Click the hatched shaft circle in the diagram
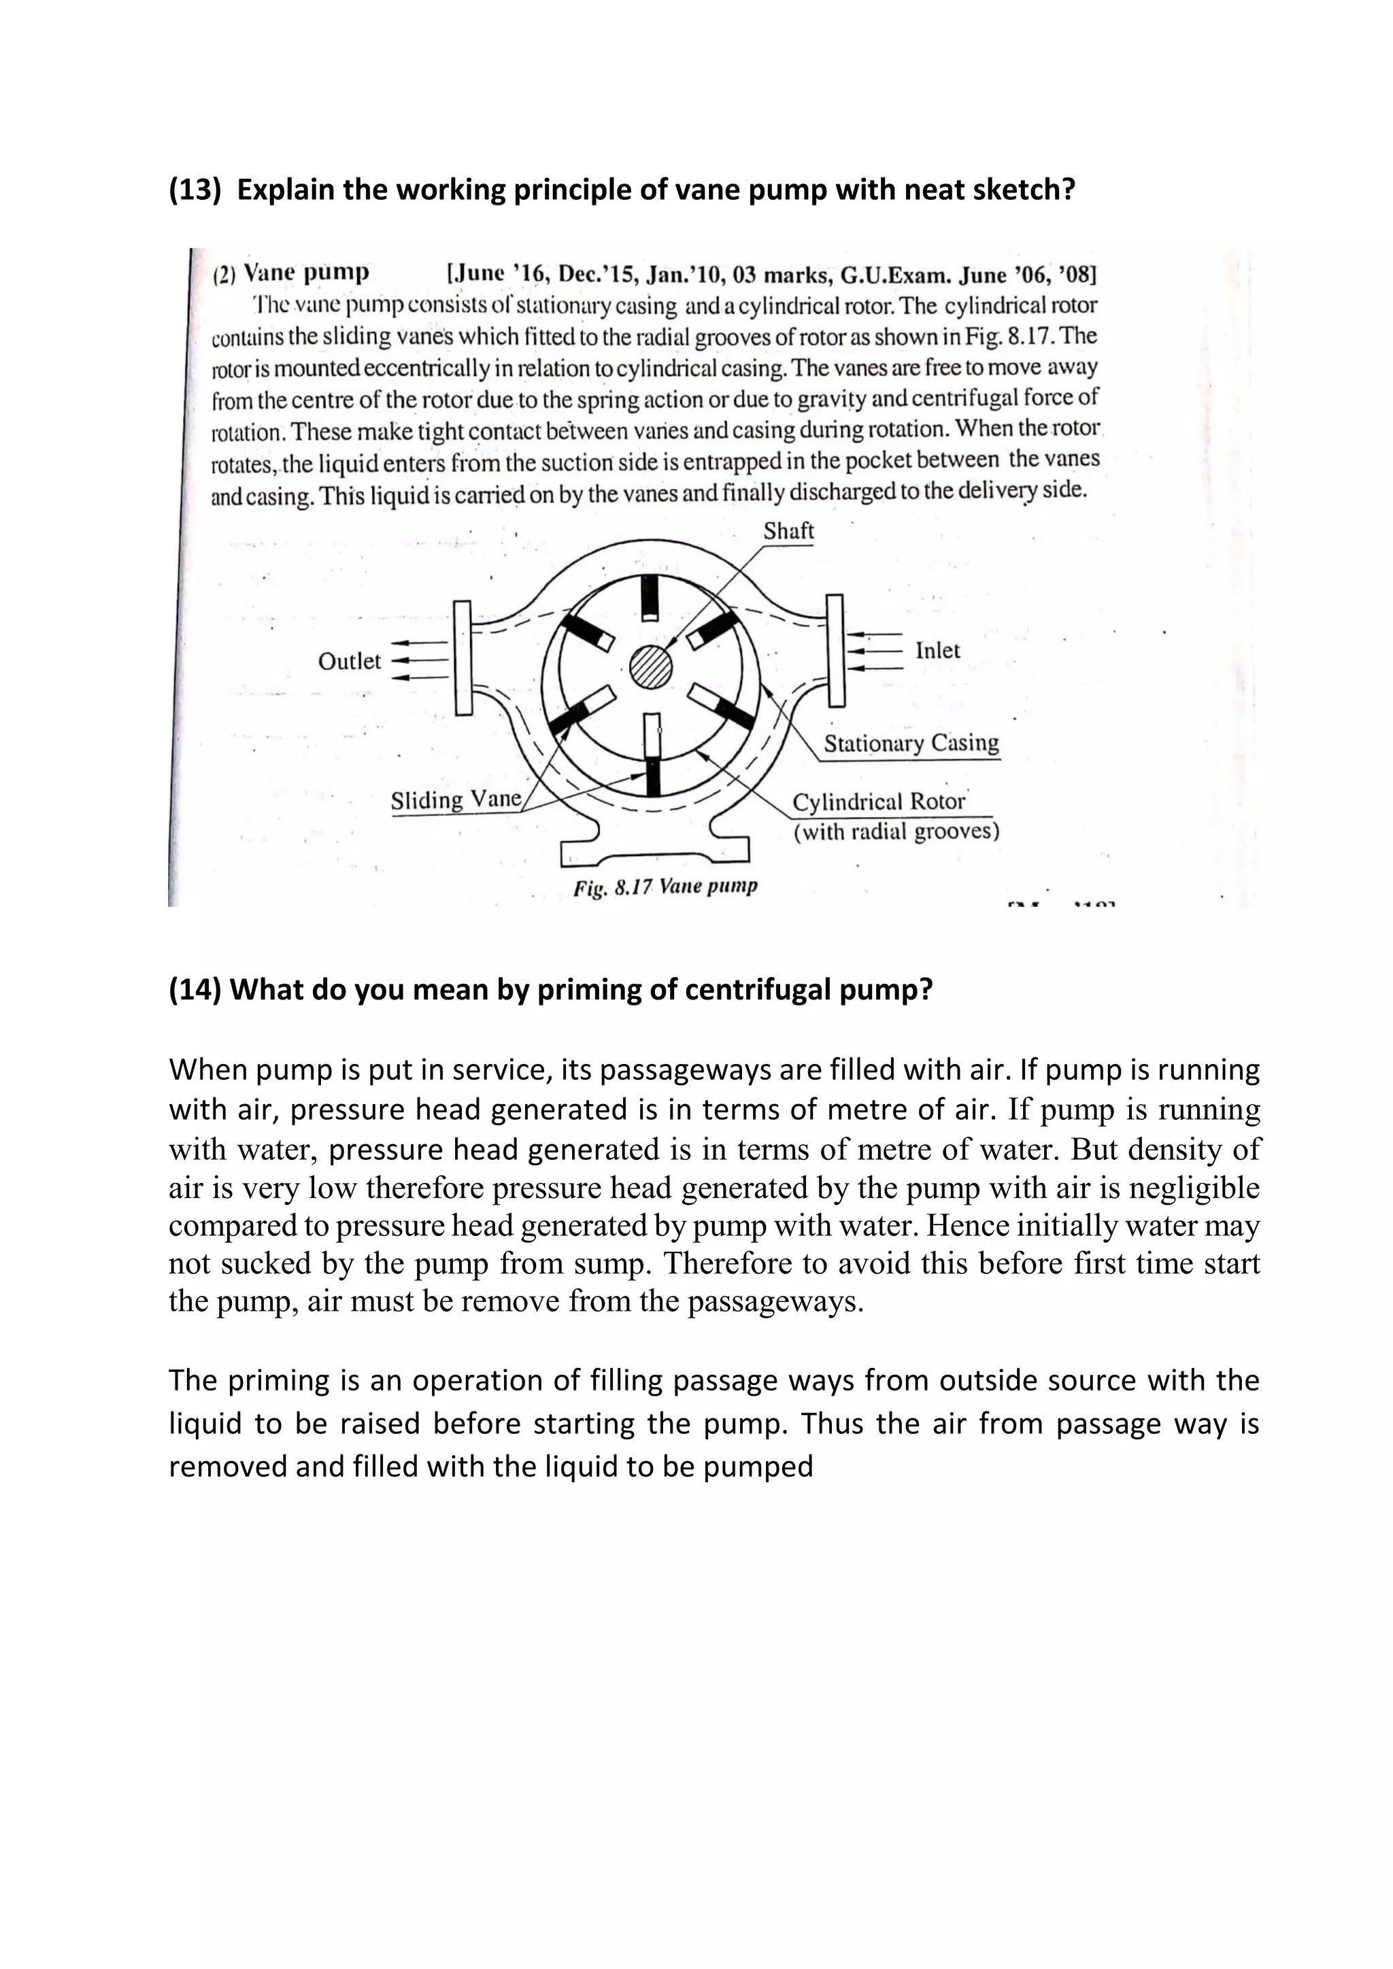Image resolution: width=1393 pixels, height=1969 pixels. click(x=652, y=666)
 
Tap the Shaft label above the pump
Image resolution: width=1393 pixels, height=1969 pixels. click(x=788, y=531)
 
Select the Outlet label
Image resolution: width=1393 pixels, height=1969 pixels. click(x=349, y=661)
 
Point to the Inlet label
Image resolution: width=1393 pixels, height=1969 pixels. click(x=937, y=650)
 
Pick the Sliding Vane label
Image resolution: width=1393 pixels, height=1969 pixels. click(x=456, y=800)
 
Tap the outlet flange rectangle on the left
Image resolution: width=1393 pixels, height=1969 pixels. click(x=464, y=657)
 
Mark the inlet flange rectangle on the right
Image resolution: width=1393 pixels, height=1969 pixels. click(x=835, y=650)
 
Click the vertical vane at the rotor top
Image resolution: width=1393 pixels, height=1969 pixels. click(x=651, y=598)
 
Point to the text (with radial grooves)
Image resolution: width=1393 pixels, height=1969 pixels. click(x=896, y=832)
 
